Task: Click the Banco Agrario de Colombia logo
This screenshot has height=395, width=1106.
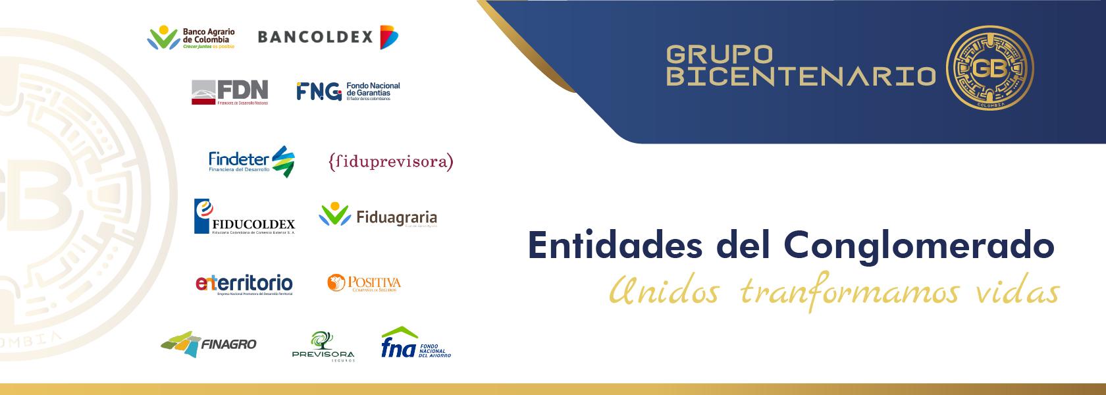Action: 191,38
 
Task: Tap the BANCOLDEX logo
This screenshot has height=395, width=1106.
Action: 328,37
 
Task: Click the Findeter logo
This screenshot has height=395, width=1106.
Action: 251,161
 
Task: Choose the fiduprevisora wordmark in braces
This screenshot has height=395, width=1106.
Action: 390,161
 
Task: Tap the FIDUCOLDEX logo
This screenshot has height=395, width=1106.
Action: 244,217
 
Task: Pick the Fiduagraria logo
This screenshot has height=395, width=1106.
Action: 378,216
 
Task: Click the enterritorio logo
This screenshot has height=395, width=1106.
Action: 244,284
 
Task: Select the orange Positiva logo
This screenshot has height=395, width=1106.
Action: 364,283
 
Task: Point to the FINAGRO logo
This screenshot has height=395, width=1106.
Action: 209,344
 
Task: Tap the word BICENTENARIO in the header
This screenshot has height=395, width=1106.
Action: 801,78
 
